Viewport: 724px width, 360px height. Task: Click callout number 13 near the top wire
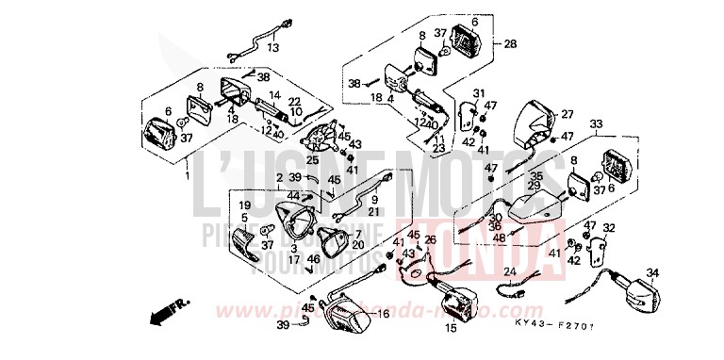coord(273,47)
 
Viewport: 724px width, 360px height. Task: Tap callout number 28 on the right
coord(510,44)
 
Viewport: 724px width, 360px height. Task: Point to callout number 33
coord(595,123)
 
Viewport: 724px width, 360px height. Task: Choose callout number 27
coord(567,114)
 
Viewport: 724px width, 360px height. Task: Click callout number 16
coord(383,313)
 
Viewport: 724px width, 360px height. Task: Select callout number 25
coord(311,160)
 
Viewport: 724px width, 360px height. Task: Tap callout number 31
coord(479,92)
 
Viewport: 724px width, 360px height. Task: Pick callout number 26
coord(430,240)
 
